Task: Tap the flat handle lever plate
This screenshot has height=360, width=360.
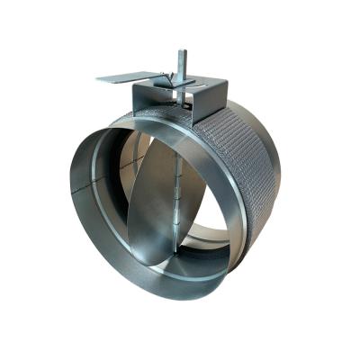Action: pos(121,78)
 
